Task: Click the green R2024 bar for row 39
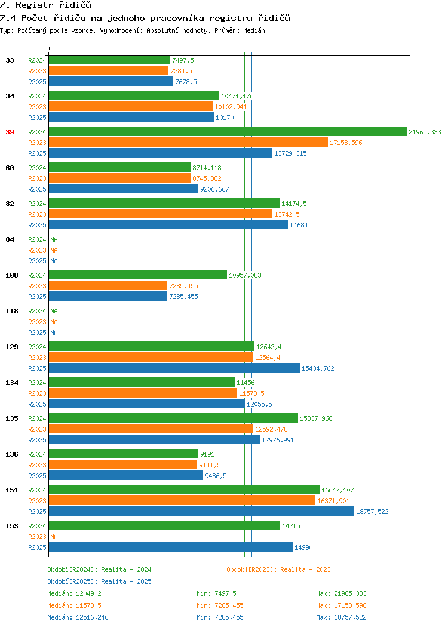pos(228,132)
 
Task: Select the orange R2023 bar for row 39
pos(188,143)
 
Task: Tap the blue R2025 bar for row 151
pos(201,512)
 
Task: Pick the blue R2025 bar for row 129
pos(174,368)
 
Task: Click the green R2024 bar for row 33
pos(109,60)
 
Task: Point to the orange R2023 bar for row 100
pos(108,285)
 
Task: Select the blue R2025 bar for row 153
pos(171,547)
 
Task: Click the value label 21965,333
pos(425,132)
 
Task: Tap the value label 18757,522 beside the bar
pos(372,512)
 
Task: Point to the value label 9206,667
pos(215,189)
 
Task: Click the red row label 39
pos(10,132)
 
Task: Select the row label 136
pos(11,454)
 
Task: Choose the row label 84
pos(10,239)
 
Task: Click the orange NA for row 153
pos(54,537)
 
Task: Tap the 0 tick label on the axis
pos(48,48)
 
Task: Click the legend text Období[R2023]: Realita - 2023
pos(278,569)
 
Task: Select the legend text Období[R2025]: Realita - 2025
pos(99,581)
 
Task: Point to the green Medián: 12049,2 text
pos(74,593)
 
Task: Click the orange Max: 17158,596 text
pos(341,605)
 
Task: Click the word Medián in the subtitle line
pos(254,30)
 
